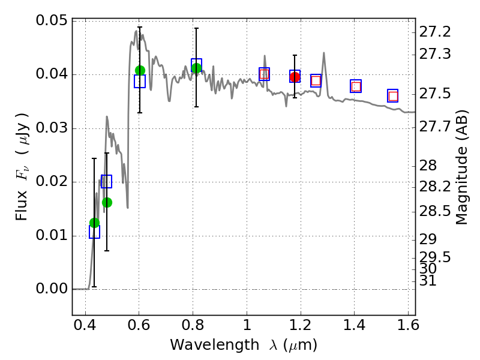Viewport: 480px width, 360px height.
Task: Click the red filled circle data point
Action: [295, 77]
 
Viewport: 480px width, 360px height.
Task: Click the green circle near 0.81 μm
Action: [196, 68]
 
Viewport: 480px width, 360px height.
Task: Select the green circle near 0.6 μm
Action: [140, 70]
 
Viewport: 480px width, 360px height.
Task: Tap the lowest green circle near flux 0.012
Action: [94, 223]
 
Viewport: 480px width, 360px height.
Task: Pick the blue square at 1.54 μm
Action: [393, 96]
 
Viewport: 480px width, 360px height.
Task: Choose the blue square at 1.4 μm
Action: [356, 86]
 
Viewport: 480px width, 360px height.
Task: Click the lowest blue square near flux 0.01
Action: [94, 232]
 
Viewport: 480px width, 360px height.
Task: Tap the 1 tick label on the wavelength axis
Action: [247, 328]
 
